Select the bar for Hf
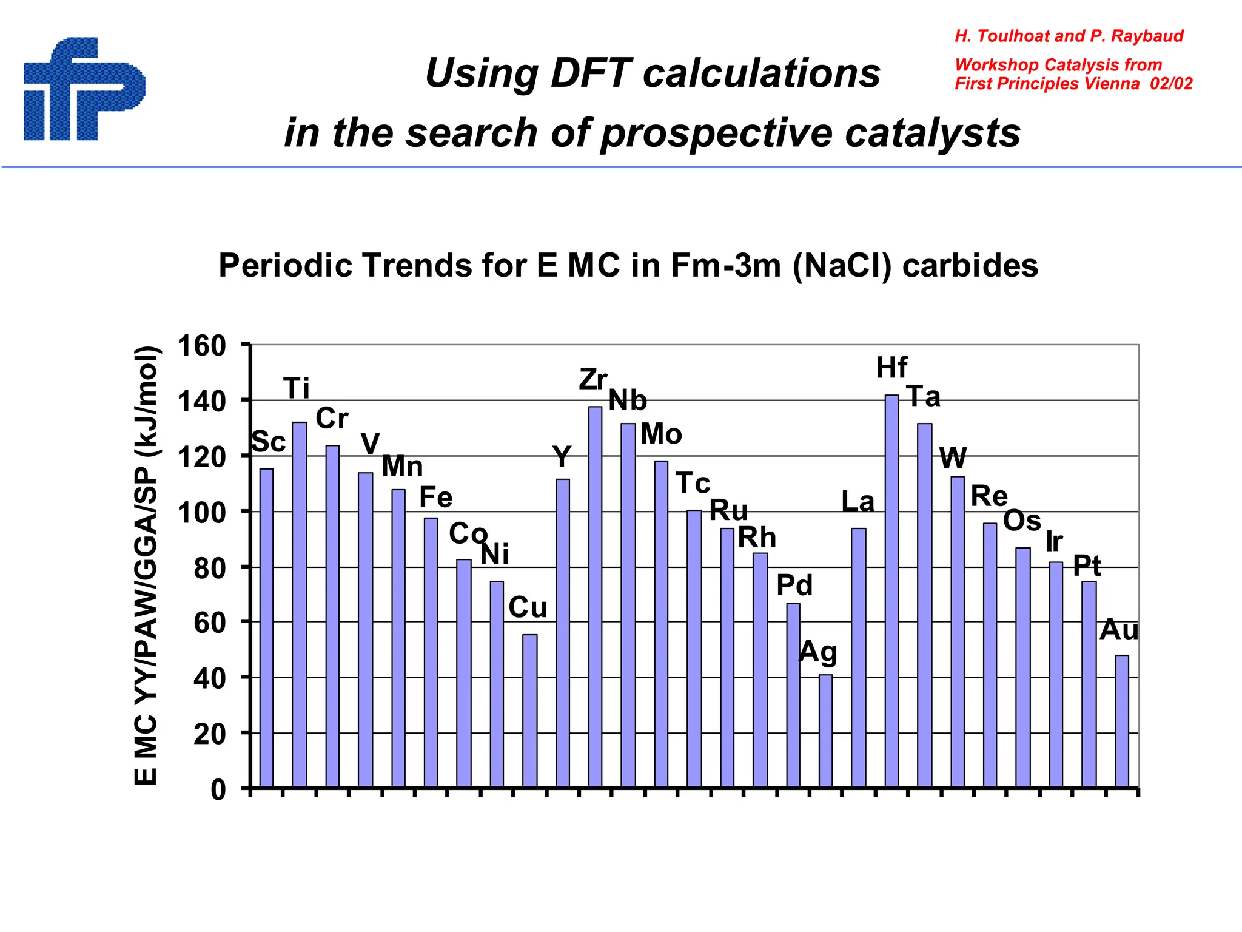[x=891, y=592]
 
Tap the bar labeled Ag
[x=825, y=731]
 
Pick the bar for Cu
[x=529, y=711]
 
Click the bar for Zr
[x=596, y=597]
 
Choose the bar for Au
[x=1122, y=721]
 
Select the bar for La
[x=858, y=658]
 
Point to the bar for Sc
[x=266, y=628]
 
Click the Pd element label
[x=794, y=586]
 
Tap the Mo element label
[x=661, y=434]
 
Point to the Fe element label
[x=435, y=498]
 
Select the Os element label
[x=1022, y=521]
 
